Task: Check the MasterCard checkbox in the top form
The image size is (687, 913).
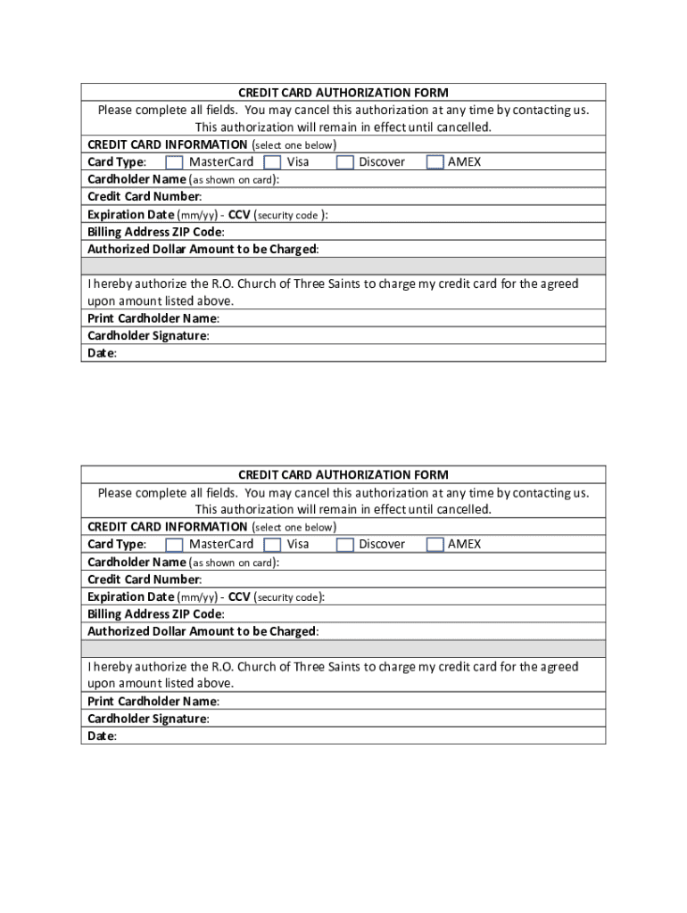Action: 175,162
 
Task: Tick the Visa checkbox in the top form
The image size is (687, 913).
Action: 273,162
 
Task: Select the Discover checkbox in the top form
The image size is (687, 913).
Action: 345,162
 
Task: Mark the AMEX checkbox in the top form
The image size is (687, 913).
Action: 435,162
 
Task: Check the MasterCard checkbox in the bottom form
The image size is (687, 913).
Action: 175,545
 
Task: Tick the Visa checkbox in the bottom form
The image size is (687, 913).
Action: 273,545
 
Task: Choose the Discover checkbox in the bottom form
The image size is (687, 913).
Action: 345,545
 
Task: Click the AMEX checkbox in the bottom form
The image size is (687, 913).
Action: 435,545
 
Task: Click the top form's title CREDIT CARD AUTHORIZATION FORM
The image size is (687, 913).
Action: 343,93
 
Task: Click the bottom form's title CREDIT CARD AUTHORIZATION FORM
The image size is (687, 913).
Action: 343,475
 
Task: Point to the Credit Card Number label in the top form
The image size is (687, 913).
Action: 144,197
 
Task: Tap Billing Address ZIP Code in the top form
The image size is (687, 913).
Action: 155,232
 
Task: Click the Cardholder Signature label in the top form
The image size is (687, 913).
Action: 147,336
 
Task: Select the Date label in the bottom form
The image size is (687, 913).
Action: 101,736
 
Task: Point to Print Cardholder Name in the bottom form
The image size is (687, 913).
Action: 153,702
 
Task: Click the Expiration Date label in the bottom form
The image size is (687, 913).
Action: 130,597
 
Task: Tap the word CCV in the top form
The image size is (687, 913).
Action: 239,215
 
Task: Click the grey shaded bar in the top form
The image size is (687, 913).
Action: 343,267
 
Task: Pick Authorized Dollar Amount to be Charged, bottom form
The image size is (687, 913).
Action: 202,632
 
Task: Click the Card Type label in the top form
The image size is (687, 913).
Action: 116,162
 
